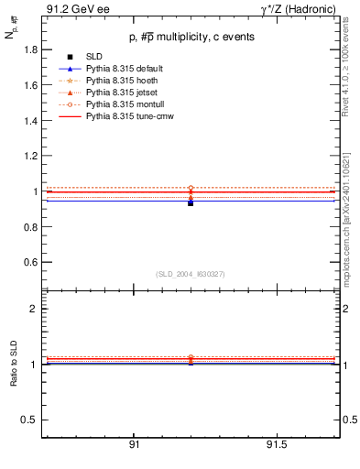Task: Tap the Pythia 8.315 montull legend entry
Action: click(x=123, y=104)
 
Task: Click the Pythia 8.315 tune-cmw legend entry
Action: click(x=128, y=116)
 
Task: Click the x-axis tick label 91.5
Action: click(x=277, y=444)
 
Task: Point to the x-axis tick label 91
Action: click(x=134, y=444)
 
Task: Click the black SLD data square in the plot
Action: click(x=191, y=203)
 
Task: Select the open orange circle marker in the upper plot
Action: click(x=191, y=188)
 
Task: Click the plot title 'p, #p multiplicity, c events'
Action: click(x=190, y=37)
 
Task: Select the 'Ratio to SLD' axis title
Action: click(x=15, y=365)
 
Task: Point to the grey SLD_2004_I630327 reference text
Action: click(x=191, y=274)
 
